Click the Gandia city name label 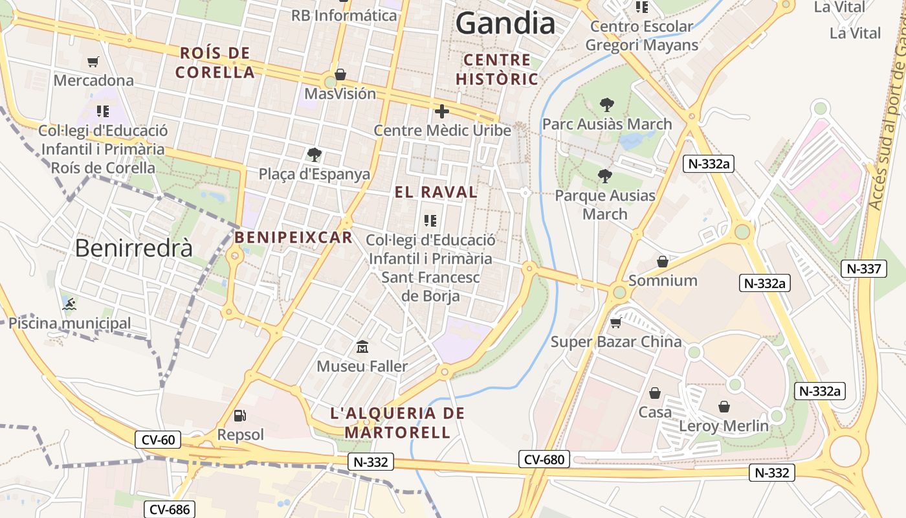click(x=505, y=24)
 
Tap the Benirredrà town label click(x=134, y=248)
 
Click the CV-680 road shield click(x=544, y=460)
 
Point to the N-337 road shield click(x=864, y=268)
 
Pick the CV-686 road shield click(x=169, y=510)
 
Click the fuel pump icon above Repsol click(x=239, y=415)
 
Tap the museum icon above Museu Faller click(x=362, y=347)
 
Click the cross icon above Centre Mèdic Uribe click(x=442, y=111)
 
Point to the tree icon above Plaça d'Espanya click(x=314, y=155)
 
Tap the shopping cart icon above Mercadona click(x=93, y=62)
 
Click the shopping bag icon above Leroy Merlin click(x=724, y=407)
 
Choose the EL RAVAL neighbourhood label click(x=436, y=192)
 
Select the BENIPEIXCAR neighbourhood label click(x=294, y=238)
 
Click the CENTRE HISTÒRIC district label click(x=497, y=70)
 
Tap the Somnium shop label click(x=663, y=280)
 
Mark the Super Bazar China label click(x=615, y=341)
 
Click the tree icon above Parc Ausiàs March click(x=606, y=105)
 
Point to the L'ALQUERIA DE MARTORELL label click(x=397, y=423)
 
